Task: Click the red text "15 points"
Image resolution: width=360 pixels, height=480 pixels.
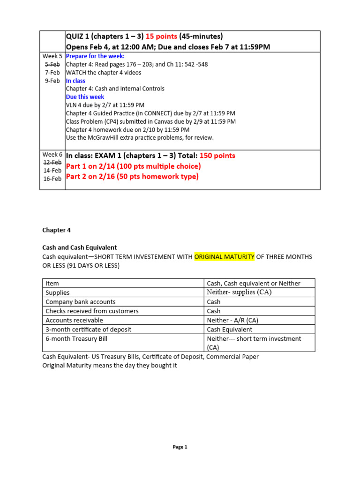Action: [x=161, y=37]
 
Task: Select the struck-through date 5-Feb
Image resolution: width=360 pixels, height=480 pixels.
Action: [x=52, y=64]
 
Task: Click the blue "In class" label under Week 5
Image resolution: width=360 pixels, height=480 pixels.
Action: [x=75, y=81]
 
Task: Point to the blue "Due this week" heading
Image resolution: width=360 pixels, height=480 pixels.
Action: [x=85, y=97]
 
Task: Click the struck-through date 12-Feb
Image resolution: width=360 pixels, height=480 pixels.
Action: [x=52, y=162]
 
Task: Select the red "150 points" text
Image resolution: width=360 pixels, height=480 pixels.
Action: [x=217, y=156]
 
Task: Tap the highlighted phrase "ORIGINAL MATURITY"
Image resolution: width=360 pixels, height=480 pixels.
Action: [x=224, y=256]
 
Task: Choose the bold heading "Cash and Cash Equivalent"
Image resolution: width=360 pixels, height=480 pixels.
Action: [x=79, y=247]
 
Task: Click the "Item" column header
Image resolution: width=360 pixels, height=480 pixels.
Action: [x=52, y=283]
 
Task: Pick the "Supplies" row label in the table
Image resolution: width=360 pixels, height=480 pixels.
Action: [x=57, y=292]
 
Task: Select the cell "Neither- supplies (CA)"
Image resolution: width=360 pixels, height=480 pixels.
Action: [x=239, y=292]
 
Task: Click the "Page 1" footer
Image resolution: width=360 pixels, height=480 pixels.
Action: [x=180, y=447]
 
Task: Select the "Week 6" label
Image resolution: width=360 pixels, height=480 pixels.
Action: [x=52, y=154]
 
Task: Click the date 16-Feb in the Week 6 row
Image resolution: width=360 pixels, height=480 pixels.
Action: [x=52, y=179]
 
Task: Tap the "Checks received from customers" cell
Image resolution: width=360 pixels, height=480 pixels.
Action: [x=92, y=311]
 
